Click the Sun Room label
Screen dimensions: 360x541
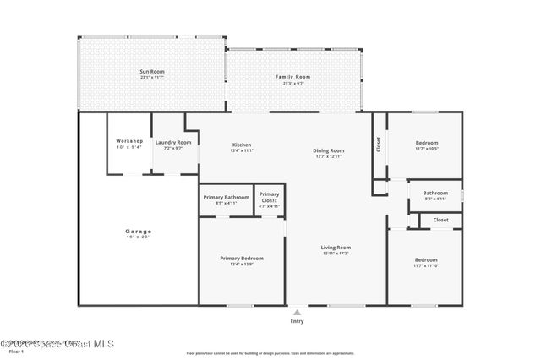pos(152,73)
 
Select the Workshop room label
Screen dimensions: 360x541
pos(130,141)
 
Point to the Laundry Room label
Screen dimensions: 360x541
pos(173,142)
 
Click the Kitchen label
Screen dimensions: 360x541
pos(242,145)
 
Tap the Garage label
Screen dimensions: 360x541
pos(139,231)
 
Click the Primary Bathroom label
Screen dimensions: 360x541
pos(227,197)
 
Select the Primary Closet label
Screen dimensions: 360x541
pos(269,197)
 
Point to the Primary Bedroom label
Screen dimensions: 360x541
pos(242,259)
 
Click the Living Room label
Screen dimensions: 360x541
pos(336,248)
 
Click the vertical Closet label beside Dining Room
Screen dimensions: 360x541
pos(379,145)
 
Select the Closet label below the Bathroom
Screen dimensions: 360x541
pos(440,220)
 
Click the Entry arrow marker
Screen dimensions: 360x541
pos(297,311)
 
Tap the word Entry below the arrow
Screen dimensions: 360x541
pos(297,321)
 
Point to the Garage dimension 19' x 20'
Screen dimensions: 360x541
pos(139,237)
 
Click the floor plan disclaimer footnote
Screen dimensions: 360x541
pos(270,353)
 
